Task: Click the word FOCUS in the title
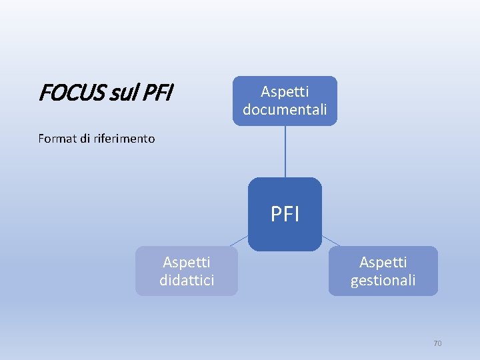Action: (66, 93)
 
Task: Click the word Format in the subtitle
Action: (56, 139)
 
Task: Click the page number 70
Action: (437, 343)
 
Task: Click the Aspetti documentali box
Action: (285, 100)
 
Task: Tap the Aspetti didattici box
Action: (187, 271)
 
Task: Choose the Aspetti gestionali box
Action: (383, 271)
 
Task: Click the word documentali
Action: (285, 109)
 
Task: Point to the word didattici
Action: (187, 280)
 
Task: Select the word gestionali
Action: (383, 280)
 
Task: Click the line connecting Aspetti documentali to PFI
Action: (285, 151)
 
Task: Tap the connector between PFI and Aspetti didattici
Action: (239, 241)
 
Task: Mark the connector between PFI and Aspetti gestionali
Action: (331, 241)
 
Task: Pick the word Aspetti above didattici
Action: (187, 263)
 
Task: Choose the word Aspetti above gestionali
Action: (383, 263)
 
